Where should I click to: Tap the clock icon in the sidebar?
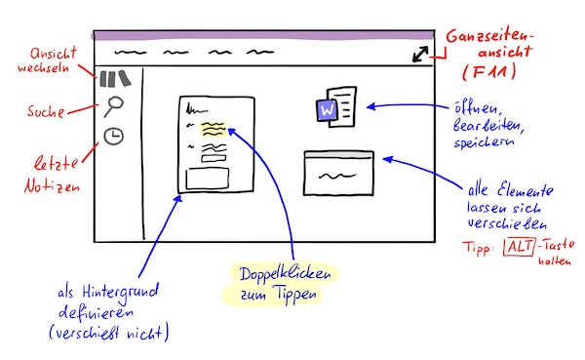point(113,136)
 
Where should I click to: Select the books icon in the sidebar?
point(115,78)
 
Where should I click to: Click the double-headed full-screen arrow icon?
point(420,55)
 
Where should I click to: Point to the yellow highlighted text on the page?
point(214,129)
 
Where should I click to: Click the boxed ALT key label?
point(520,247)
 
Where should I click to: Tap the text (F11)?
point(489,71)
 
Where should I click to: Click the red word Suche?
point(46,111)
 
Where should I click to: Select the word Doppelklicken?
point(285,274)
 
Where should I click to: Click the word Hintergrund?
point(121,293)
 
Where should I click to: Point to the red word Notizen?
point(52,185)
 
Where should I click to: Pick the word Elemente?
point(525,190)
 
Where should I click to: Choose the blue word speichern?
point(484,141)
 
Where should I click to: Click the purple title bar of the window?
point(263,36)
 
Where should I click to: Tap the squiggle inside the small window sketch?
point(337,176)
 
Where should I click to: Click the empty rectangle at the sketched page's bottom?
point(208,179)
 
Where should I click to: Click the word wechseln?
point(43,68)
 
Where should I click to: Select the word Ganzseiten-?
point(490,36)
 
